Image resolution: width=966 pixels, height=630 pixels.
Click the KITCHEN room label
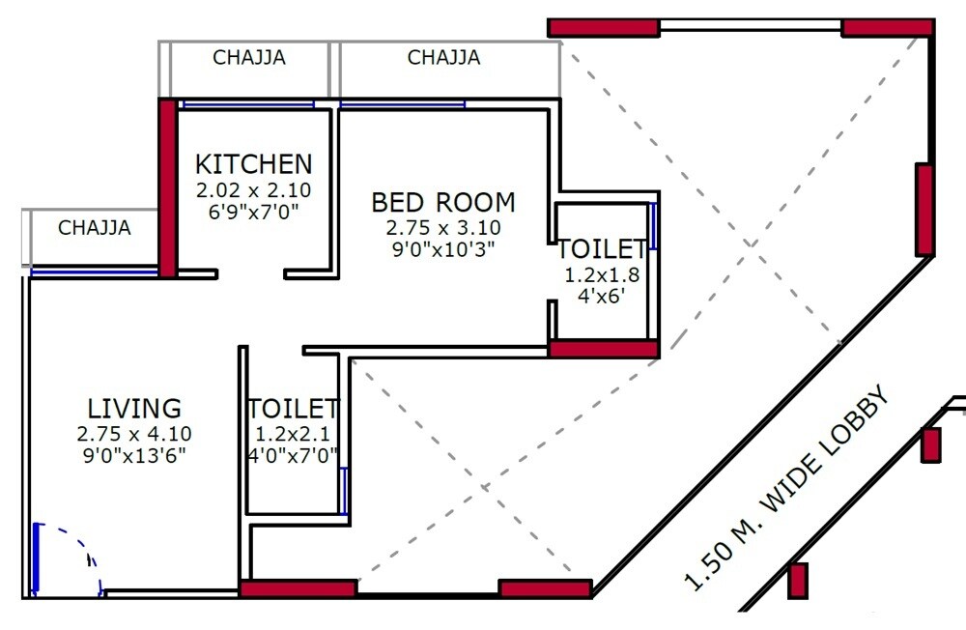[254, 163]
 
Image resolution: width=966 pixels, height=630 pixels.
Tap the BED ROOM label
[443, 203]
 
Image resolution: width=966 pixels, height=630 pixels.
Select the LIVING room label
[134, 408]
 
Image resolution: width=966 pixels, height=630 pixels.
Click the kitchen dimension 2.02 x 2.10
[254, 190]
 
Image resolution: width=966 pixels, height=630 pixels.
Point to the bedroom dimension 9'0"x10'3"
[443, 247]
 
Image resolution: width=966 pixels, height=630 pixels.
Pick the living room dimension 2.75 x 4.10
[134, 434]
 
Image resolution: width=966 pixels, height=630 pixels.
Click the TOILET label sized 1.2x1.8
[602, 249]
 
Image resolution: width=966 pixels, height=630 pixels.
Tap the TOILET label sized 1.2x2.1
[293, 409]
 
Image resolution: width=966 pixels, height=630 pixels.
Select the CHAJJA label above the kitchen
[249, 58]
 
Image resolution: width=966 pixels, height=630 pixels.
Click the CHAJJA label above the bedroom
[443, 58]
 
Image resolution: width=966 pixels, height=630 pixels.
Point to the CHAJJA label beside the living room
[95, 229]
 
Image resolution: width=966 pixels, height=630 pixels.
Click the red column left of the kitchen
[168, 187]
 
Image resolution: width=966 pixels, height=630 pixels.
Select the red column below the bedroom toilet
[604, 349]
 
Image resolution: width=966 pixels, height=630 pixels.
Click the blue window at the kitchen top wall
[248, 103]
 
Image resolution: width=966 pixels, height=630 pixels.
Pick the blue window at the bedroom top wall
[402, 103]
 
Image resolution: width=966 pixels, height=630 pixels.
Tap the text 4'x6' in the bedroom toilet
[602, 297]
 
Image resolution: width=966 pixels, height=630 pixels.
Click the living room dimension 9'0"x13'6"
[134, 453]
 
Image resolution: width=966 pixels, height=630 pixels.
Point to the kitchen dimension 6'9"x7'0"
[254, 211]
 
